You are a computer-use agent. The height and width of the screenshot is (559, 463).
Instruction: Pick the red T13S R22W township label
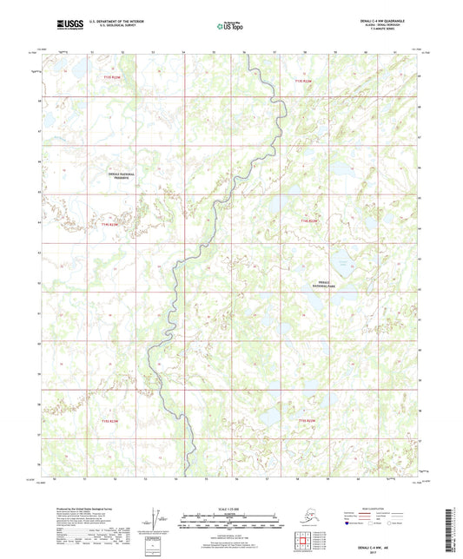[x=303, y=82]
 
